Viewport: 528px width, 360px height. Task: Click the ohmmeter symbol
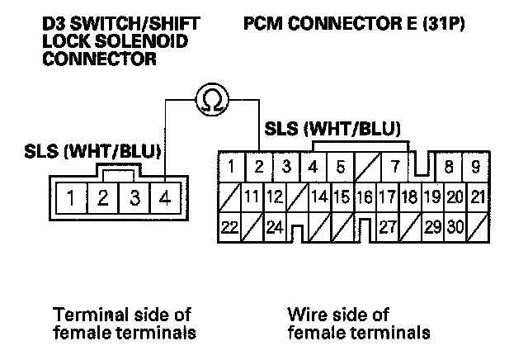[212, 99]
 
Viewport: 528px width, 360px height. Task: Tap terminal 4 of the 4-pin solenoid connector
[165, 198]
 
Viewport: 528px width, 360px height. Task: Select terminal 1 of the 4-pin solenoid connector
[72, 198]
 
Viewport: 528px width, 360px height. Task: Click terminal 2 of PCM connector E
[258, 167]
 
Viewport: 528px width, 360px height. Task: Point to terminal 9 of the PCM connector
[475, 167]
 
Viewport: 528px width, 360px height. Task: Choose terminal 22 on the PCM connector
[229, 227]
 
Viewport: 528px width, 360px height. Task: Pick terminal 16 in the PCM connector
[365, 197]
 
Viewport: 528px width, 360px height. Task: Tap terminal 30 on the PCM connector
[455, 227]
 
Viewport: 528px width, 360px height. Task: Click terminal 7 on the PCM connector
[394, 167]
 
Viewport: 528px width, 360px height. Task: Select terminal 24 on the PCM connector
[275, 227]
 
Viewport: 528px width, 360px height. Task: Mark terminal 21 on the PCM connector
[478, 197]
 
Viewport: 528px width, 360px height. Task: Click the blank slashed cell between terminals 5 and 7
[367, 167]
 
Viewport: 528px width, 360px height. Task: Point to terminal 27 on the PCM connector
[388, 227]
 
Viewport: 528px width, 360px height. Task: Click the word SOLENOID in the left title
[141, 41]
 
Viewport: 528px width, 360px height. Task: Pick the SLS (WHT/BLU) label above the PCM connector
[332, 129]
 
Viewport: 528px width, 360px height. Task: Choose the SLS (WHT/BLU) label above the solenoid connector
[92, 151]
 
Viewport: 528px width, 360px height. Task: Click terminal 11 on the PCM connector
[252, 197]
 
